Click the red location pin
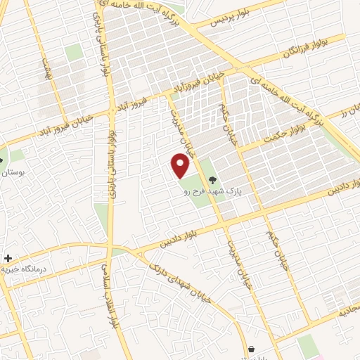[181, 166]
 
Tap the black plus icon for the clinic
[8, 259]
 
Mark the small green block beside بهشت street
[74, 52]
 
